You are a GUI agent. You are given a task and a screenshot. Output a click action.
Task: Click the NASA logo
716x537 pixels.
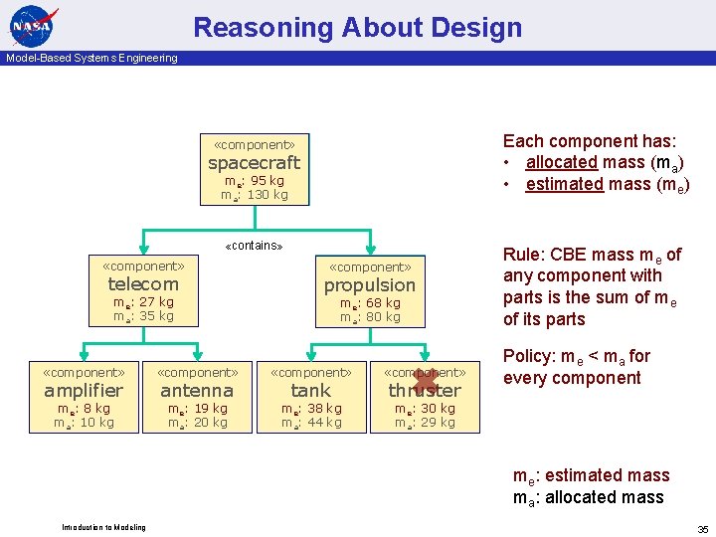pos(33,25)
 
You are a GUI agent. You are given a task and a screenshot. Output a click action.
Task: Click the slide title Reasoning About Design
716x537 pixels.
pos(357,27)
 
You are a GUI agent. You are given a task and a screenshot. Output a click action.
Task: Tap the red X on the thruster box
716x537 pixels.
pos(426,382)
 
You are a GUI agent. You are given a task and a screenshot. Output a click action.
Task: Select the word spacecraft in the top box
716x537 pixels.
pos(254,163)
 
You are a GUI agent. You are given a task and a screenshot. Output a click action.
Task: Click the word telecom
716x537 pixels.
pos(143,284)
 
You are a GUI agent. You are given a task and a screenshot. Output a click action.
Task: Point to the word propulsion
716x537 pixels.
pos(370,285)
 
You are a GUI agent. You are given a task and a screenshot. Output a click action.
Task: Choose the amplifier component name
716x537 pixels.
pos(84,391)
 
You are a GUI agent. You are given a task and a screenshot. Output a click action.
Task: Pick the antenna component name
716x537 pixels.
pos(197,391)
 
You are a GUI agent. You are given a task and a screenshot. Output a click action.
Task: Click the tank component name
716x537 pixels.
pos(310,391)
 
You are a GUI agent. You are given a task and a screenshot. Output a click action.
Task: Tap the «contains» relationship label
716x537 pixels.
pos(254,246)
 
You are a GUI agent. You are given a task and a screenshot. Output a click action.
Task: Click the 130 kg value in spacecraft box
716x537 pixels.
pos(267,195)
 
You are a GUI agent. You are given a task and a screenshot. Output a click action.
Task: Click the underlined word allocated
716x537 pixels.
pos(561,162)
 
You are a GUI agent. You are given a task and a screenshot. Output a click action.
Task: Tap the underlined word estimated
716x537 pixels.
pos(564,184)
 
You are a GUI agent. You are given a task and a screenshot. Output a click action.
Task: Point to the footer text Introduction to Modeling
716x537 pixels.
pos(103,527)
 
